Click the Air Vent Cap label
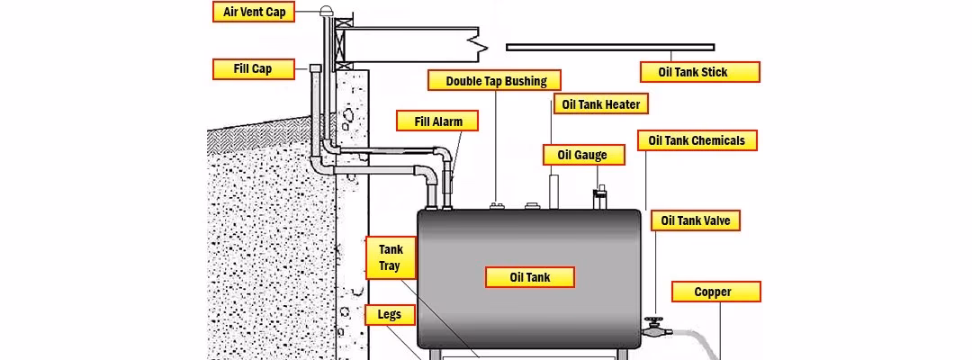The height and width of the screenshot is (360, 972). [254, 13]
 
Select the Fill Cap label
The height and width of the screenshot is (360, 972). [253, 69]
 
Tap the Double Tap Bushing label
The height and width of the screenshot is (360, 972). [496, 81]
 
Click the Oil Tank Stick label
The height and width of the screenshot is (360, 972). [698, 72]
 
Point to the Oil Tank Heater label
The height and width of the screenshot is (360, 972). [600, 104]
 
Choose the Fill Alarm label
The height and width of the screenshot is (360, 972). [436, 121]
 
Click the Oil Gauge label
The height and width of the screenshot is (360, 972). [582, 155]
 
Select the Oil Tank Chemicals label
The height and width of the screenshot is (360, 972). [697, 140]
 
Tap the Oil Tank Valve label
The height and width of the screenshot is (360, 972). [696, 220]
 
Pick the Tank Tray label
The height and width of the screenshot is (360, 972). [390, 258]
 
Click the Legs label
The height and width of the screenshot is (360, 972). [390, 315]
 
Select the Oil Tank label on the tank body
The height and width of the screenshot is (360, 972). [530, 276]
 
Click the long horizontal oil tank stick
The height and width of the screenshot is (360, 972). [610, 46]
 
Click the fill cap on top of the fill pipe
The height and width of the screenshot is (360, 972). [315, 68]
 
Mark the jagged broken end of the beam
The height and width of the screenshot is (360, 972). [484, 41]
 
